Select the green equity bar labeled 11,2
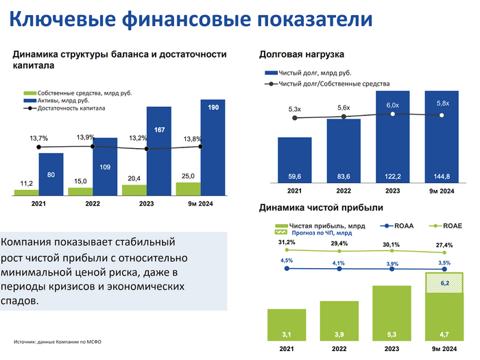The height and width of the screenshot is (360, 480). [x=26, y=191]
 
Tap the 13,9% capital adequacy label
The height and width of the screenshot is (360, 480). [x=86, y=137]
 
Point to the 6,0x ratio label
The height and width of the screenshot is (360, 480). [x=393, y=105]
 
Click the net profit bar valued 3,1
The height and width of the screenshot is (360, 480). [x=287, y=324]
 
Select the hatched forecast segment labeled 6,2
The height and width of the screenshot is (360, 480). [x=444, y=283]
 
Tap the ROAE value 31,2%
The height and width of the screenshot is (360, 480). [x=286, y=243]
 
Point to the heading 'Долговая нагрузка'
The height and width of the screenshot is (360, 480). [x=301, y=54]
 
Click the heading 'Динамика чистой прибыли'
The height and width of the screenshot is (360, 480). [x=321, y=207]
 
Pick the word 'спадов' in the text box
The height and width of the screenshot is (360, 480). [x=17, y=300]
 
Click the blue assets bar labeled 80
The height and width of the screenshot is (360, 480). [x=51, y=174]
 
